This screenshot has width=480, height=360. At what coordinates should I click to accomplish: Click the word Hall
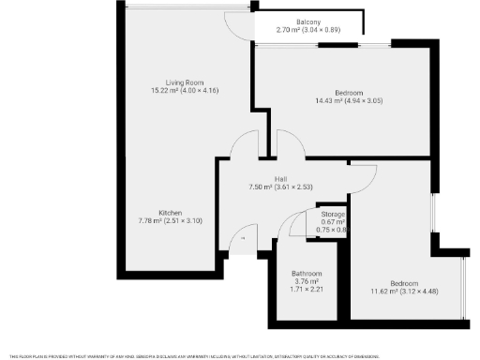(x=279, y=179)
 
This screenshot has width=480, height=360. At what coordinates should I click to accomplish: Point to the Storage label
(x=334, y=215)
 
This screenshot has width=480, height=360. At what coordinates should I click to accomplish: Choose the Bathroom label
(x=307, y=274)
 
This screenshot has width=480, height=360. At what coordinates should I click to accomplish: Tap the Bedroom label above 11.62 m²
(x=404, y=283)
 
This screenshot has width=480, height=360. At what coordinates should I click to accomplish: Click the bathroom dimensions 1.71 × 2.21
(x=307, y=290)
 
